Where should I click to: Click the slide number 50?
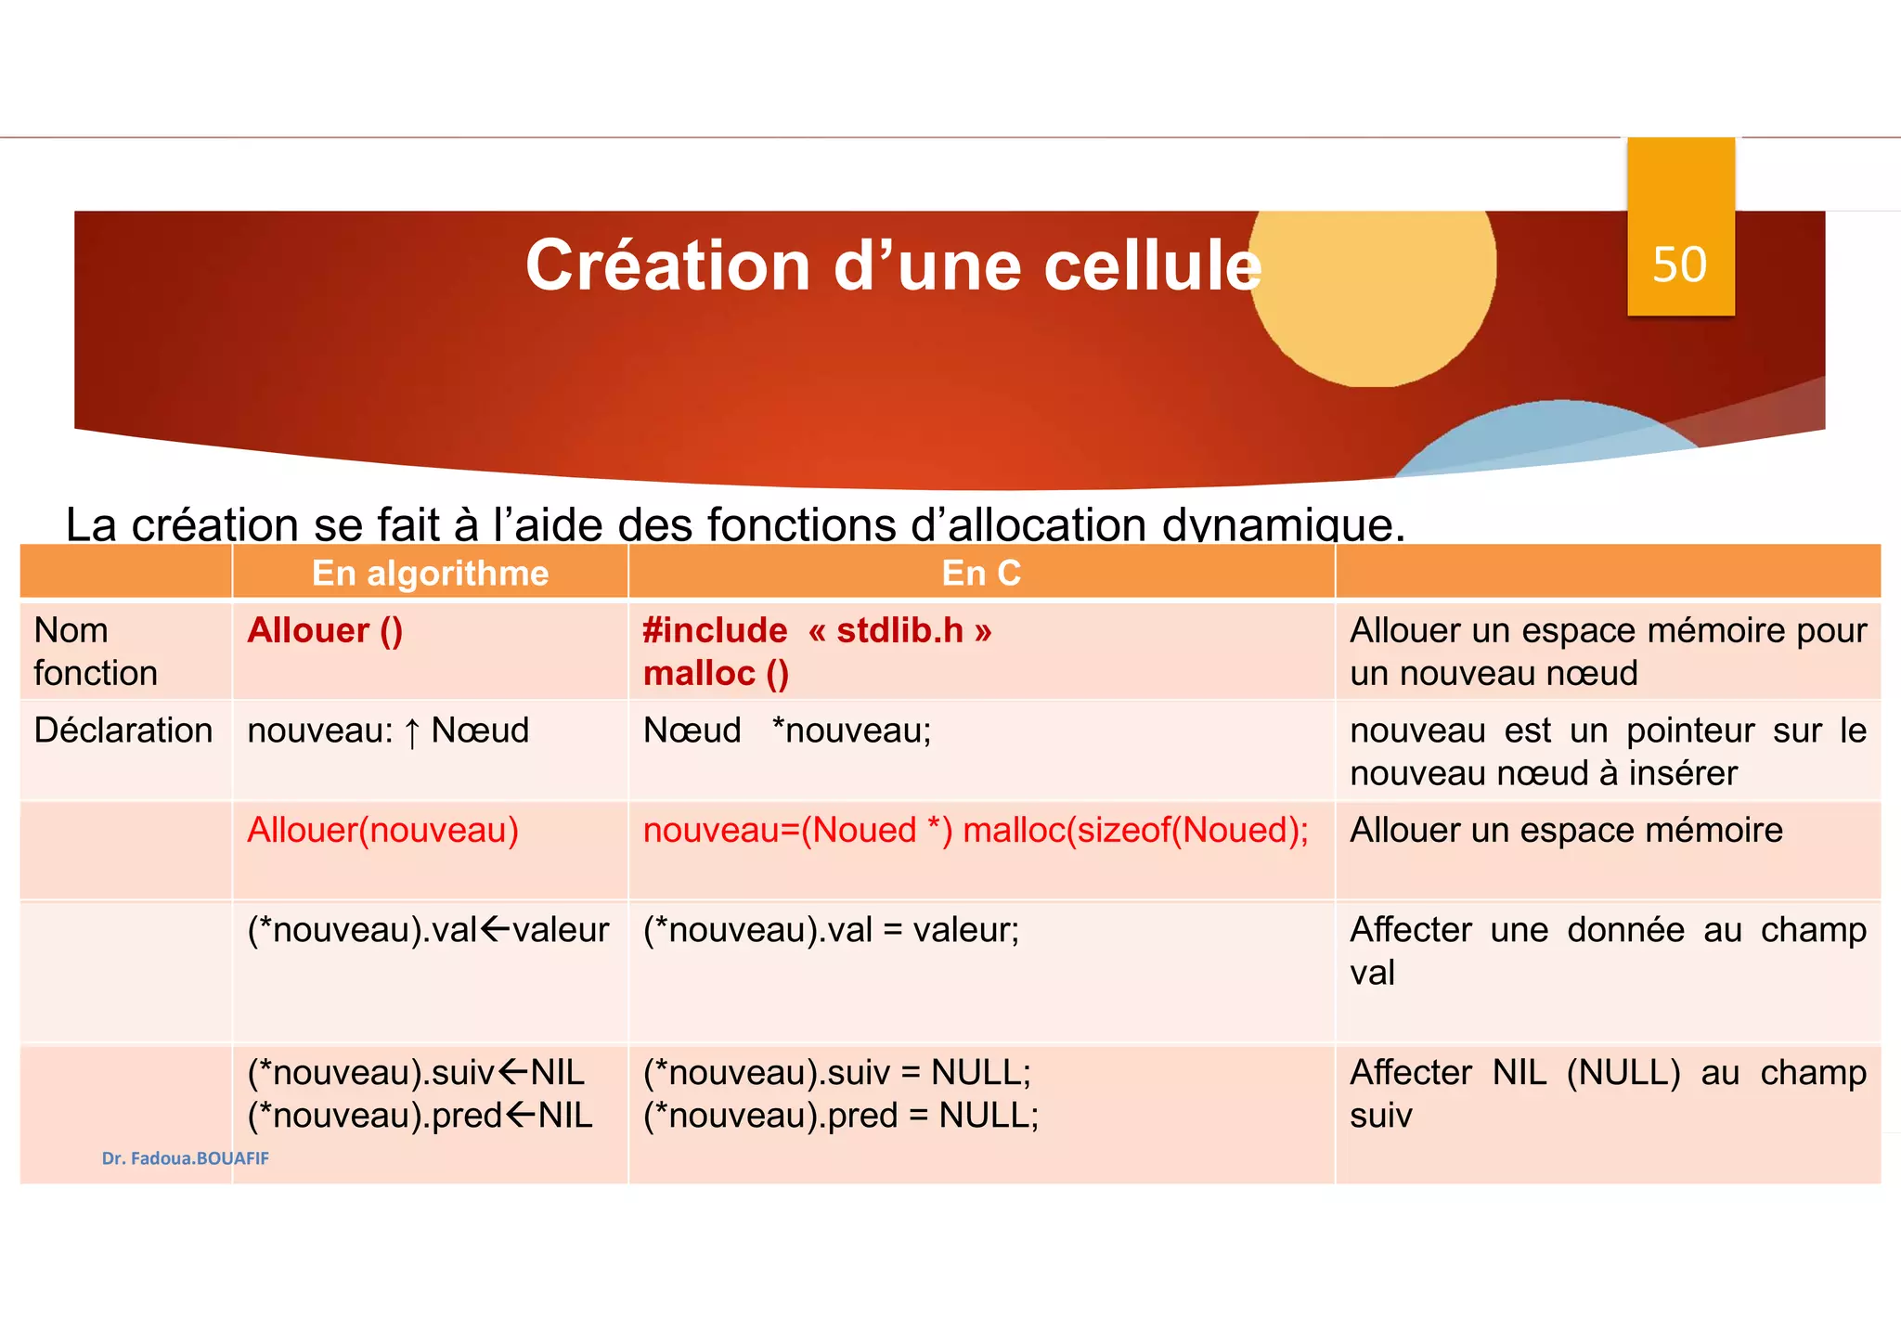(1679, 265)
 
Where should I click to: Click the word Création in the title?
(668, 265)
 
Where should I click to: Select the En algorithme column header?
(430, 573)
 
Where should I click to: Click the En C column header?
(981, 573)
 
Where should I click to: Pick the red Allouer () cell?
(325, 631)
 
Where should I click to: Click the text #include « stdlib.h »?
(817, 631)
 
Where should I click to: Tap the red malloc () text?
(716, 674)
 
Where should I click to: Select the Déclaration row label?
(123, 730)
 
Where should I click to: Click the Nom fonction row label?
(95, 652)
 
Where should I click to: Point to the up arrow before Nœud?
(412, 732)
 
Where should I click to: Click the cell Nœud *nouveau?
(787, 730)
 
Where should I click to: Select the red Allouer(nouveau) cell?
(382, 830)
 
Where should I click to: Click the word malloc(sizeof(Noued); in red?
(1135, 830)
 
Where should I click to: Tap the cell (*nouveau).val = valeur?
(831, 930)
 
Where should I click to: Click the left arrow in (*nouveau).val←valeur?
(496, 929)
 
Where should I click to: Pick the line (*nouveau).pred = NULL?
(841, 1116)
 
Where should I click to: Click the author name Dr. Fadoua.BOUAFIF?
(186, 1158)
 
